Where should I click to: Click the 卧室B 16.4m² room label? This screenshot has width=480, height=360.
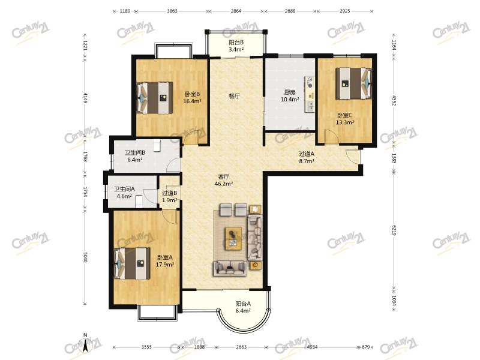(192, 98)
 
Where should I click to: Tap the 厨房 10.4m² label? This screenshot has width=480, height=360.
(290, 96)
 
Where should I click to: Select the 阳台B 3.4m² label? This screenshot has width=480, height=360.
(236, 46)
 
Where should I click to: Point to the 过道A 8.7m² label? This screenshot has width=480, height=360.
(307, 158)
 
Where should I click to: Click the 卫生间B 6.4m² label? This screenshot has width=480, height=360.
(134, 156)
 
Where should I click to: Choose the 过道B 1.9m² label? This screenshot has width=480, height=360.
(170, 197)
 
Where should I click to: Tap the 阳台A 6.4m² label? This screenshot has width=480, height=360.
(243, 307)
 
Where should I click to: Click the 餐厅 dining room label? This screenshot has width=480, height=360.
(235, 96)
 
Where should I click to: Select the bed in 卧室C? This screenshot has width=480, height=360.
(353, 83)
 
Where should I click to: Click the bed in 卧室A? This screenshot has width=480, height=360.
(132, 263)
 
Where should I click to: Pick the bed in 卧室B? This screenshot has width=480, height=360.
(155, 98)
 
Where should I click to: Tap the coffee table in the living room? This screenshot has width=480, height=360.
(233, 238)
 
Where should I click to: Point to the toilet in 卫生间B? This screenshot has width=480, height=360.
(157, 145)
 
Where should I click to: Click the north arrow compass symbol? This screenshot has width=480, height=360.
(85, 344)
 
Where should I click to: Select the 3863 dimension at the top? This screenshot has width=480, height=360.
(172, 11)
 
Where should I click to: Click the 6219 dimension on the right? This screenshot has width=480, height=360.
(394, 230)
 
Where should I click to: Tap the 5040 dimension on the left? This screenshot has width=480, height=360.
(85, 257)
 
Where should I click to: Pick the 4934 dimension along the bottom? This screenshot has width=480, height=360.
(312, 347)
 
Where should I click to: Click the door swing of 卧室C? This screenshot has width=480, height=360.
(331, 136)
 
